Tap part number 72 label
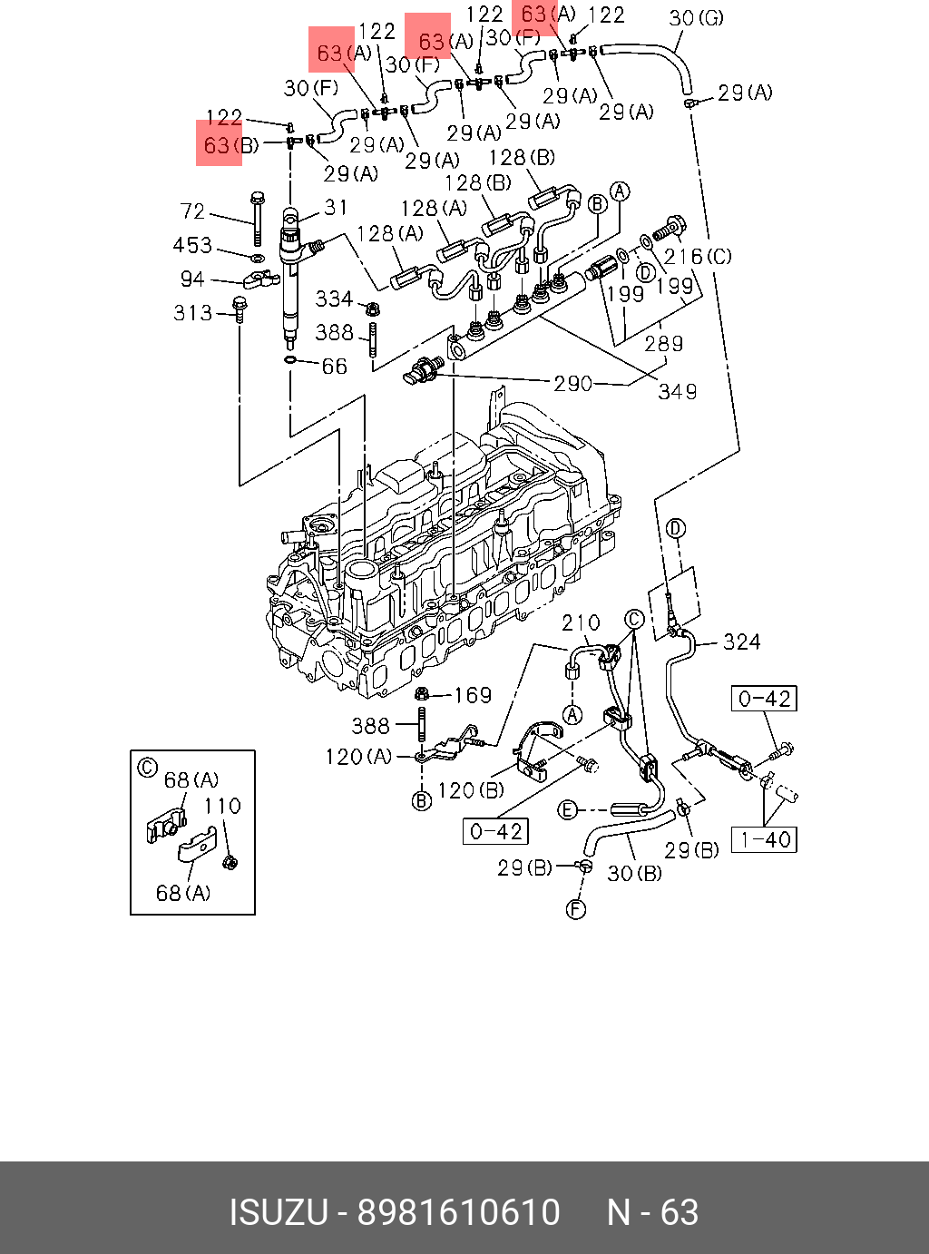point(192,211)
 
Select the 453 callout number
point(192,246)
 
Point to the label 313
point(192,313)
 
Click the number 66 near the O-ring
point(334,367)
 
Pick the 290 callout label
point(572,384)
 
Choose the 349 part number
point(678,392)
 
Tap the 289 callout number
point(663,344)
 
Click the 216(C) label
point(698,258)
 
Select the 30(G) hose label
point(696,17)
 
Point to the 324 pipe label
point(741,642)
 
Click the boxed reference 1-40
point(764,840)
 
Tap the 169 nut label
point(472,696)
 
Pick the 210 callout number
point(581,623)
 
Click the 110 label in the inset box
point(221,806)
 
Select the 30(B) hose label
point(634,874)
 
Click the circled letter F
point(576,908)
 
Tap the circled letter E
point(567,809)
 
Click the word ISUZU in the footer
point(278,1213)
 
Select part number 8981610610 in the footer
point(459,1213)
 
